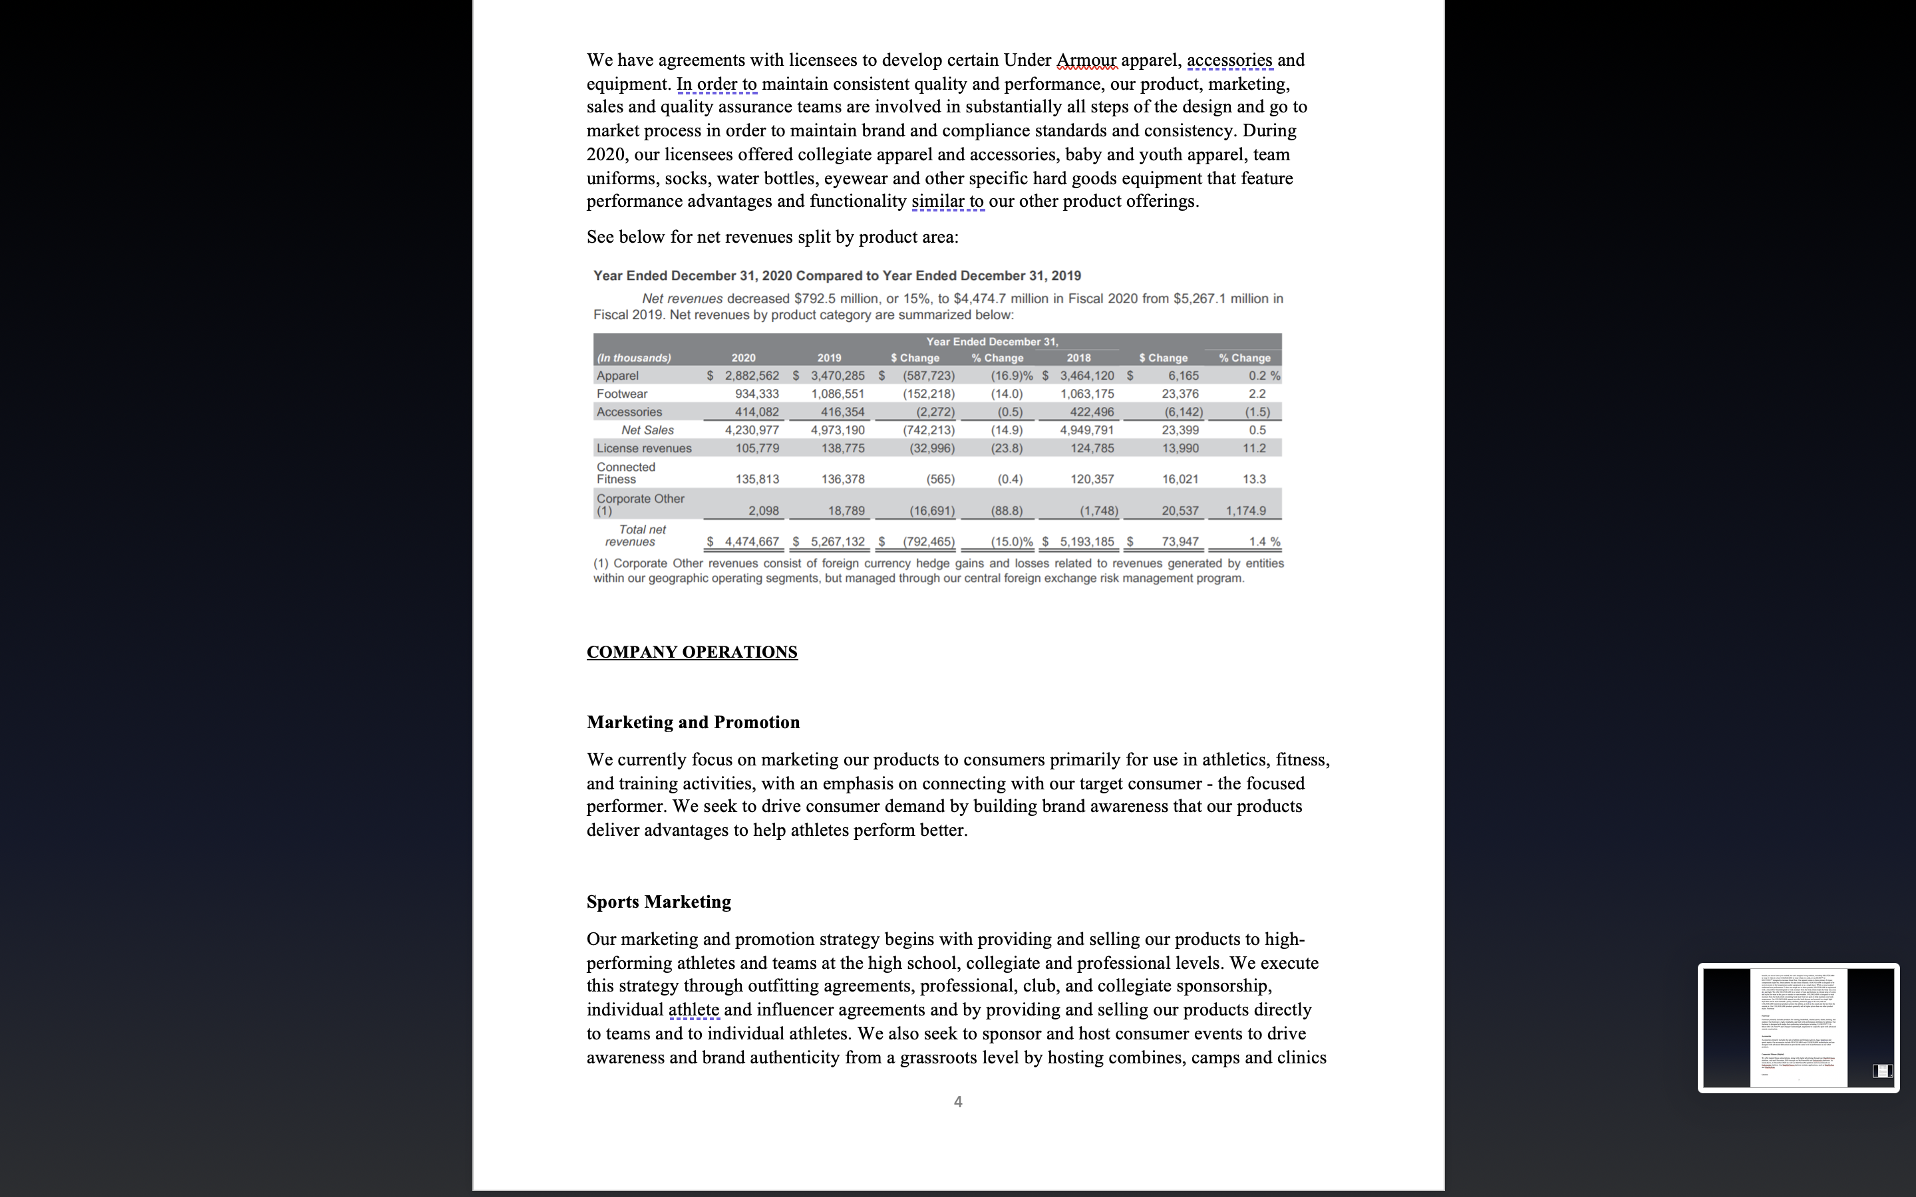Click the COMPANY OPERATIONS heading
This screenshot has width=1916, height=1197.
(x=691, y=652)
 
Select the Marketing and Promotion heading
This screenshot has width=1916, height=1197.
(x=693, y=722)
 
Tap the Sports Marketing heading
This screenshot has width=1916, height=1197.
(x=659, y=902)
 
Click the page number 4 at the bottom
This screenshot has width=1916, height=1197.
(x=958, y=1101)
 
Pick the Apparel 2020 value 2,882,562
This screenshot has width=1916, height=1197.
(x=751, y=375)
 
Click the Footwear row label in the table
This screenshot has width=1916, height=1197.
(x=621, y=394)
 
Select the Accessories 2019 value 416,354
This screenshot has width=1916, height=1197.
(x=838, y=412)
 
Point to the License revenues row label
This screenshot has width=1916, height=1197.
(x=644, y=448)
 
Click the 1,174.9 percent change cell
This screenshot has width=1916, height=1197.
(x=1245, y=511)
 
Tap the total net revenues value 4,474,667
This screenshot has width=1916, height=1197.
(x=751, y=541)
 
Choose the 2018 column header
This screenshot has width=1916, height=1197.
(x=1078, y=358)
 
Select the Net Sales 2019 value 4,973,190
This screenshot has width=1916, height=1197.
(x=838, y=430)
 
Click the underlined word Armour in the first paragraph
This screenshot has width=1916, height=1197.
(x=1086, y=60)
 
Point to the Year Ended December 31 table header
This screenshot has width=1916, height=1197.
(x=992, y=341)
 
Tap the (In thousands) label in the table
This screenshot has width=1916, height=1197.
(x=633, y=358)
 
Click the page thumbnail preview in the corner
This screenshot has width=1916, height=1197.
(x=1797, y=1027)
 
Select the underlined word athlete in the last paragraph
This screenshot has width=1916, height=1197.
(x=694, y=1009)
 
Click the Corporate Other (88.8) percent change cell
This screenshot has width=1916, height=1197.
(x=1007, y=511)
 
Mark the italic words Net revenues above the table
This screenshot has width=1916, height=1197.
(x=682, y=299)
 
